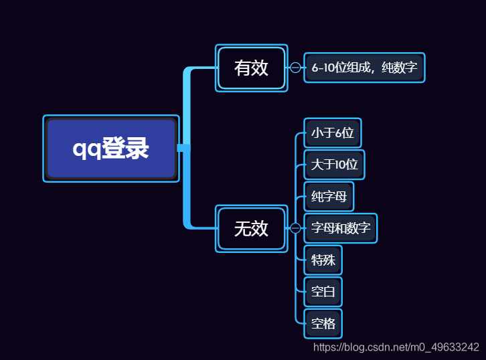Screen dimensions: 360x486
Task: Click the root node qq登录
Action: click(x=111, y=149)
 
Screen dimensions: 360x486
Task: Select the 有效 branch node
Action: click(x=251, y=68)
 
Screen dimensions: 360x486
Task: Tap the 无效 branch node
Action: click(x=251, y=228)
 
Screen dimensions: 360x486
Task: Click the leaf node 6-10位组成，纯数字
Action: click(x=364, y=68)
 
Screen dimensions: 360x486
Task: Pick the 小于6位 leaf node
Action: click(x=332, y=133)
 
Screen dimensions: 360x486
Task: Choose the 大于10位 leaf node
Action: click(x=334, y=165)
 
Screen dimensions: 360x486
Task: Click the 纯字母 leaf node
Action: click(x=328, y=197)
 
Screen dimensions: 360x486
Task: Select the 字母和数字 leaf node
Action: click(x=341, y=228)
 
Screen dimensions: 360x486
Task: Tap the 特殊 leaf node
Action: click(x=323, y=260)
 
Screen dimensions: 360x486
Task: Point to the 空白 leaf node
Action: click(x=323, y=292)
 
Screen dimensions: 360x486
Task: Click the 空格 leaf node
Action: click(x=323, y=324)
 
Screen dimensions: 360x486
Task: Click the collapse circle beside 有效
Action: click(x=295, y=68)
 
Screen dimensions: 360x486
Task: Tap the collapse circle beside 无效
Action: click(x=295, y=228)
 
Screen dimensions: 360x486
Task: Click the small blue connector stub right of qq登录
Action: click(x=183, y=148)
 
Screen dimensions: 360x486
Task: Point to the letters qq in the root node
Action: click(x=86, y=149)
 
